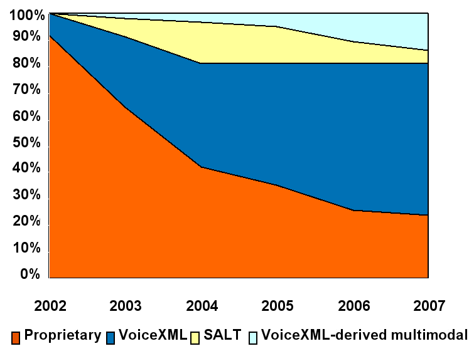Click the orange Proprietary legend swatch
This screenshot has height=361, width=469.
(17, 337)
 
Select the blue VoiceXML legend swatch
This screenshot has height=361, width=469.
(111, 337)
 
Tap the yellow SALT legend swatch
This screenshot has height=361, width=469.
(196, 337)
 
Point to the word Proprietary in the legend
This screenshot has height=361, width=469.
(62, 335)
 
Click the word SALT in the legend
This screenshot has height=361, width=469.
(222, 335)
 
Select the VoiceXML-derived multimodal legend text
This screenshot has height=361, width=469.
(364, 335)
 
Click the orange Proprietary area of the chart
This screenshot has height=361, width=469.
(157, 232)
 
